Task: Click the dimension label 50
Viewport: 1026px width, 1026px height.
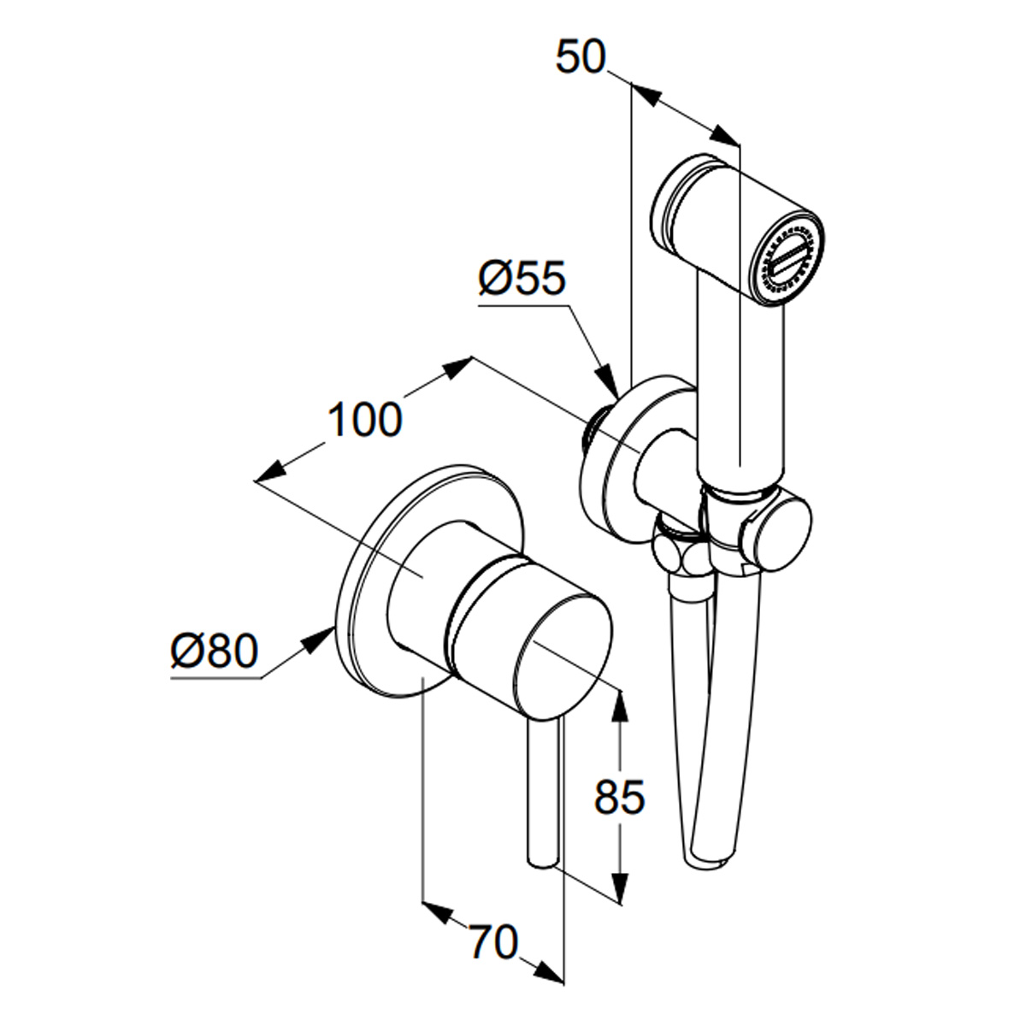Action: point(580,57)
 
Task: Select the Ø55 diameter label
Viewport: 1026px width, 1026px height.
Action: point(522,279)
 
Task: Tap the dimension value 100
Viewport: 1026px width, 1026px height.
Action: point(364,420)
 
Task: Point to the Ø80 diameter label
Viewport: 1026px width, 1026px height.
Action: point(214,651)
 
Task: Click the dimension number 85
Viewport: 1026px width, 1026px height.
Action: point(619,797)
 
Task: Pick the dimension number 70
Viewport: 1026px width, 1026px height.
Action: point(492,942)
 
